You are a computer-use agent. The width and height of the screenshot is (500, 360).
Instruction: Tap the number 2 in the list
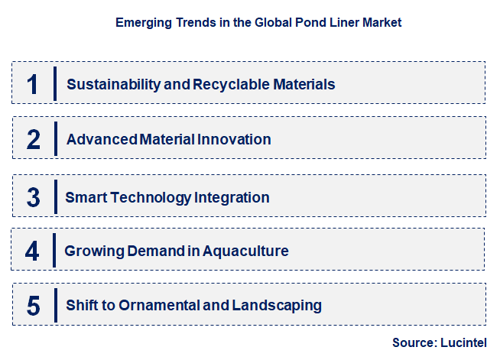pyautogui.click(x=33, y=139)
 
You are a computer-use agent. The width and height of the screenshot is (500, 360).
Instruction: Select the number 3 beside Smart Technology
pyautogui.click(x=33, y=196)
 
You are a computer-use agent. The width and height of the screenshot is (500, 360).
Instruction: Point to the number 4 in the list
pyautogui.click(x=32, y=251)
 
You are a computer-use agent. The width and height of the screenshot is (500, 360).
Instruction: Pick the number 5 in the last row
pyautogui.click(x=33, y=306)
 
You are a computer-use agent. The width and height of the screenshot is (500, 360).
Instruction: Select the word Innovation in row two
pyautogui.click(x=234, y=140)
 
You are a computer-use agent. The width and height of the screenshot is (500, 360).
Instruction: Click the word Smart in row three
pyautogui.click(x=86, y=197)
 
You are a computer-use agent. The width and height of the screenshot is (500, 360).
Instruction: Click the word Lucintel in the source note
pyautogui.click(x=463, y=342)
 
